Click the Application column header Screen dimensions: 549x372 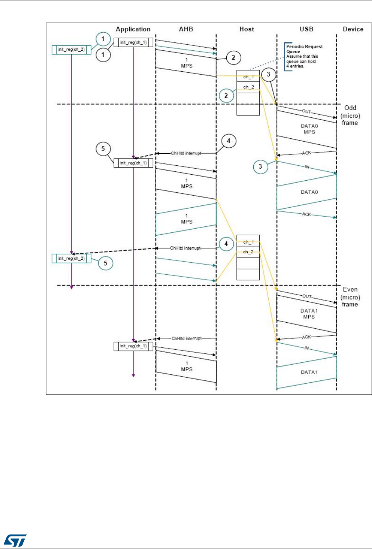point(133,29)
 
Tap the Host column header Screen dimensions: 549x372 point(247,29)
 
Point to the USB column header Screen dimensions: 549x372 point(307,29)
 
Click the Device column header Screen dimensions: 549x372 point(353,29)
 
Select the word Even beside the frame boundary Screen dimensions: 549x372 point(349,290)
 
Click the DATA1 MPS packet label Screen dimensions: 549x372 point(308,314)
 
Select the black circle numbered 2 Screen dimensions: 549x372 point(233,58)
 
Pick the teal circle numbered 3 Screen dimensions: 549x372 point(261,166)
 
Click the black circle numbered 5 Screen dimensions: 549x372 point(103,148)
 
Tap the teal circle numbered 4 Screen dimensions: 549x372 point(226,244)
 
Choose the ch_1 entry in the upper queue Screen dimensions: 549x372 point(248,77)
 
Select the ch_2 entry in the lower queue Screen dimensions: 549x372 point(248,252)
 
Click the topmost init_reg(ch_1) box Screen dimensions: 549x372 point(133,42)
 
